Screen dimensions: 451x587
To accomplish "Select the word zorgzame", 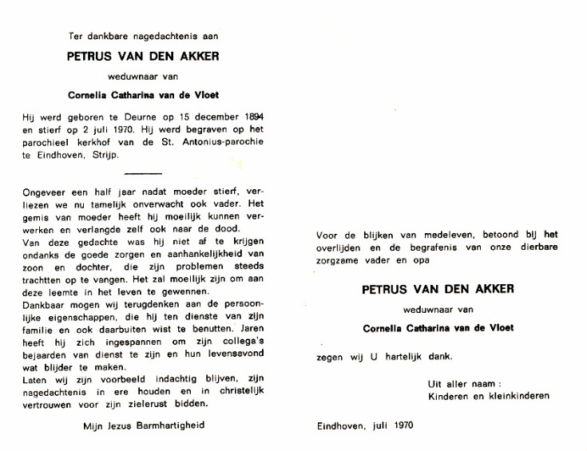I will point(339,259).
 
